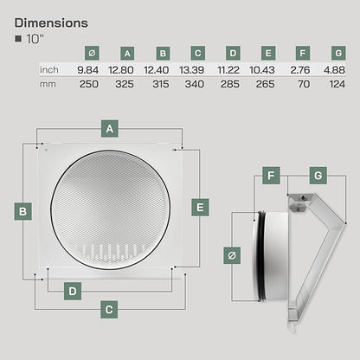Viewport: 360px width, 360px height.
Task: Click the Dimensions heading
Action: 51,23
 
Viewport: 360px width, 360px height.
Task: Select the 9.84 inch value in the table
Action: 87,70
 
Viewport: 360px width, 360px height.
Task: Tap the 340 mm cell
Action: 195,84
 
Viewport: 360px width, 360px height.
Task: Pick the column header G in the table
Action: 338,53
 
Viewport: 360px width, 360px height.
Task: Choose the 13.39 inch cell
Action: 191,70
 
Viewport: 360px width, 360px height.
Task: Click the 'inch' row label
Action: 49,70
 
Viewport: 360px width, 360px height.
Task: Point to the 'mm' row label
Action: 48,85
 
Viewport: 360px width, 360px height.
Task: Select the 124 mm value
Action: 337,84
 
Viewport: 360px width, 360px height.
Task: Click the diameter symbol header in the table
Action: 92,53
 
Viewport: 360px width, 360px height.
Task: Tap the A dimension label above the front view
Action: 110,129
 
